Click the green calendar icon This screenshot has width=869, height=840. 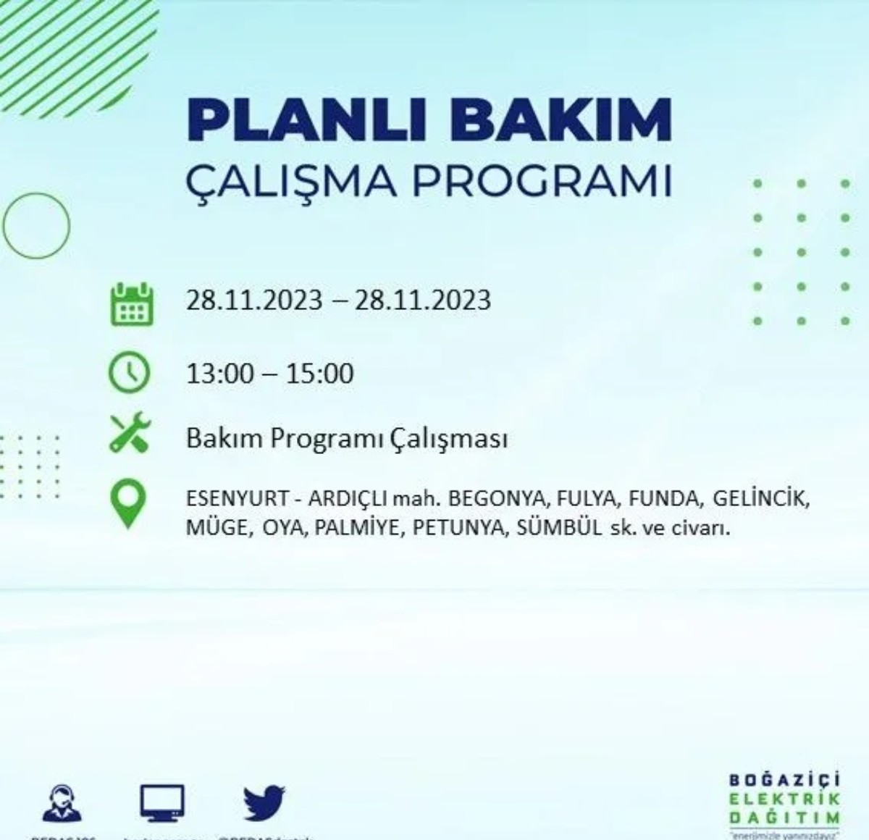coord(131,304)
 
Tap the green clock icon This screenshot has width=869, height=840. coord(129,372)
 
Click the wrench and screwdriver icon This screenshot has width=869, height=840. coord(130,432)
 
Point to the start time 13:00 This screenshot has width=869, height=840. coord(220,374)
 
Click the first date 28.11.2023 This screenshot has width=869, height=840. coord(254,300)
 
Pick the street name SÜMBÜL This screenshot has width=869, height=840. coord(558,528)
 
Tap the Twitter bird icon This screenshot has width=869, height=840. coord(264,802)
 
